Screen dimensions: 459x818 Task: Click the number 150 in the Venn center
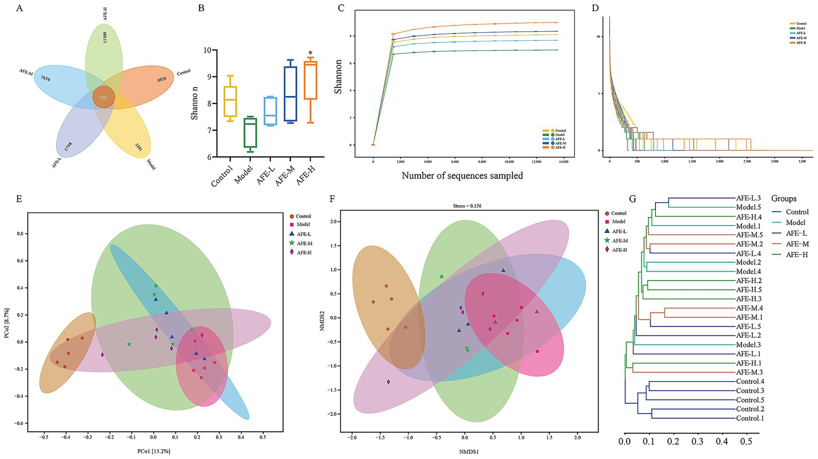pyautogui.click(x=103, y=98)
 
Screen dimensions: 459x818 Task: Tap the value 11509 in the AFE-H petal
pyautogui.click(x=105, y=37)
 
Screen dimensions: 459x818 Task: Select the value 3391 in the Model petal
pyautogui.click(x=138, y=147)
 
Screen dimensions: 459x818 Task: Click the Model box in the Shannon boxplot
pyautogui.click(x=250, y=132)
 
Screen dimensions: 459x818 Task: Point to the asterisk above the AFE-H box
pyautogui.click(x=310, y=53)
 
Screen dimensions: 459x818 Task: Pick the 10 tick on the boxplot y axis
pyautogui.click(x=208, y=50)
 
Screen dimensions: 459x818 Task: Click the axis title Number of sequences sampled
pyautogui.click(x=462, y=175)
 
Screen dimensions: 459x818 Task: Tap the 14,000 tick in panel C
pyautogui.click(x=563, y=162)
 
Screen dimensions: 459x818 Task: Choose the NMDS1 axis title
pyautogui.click(x=464, y=452)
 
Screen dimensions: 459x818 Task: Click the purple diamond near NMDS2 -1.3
pyautogui.click(x=388, y=382)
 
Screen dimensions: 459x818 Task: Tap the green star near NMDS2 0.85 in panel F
pyautogui.click(x=442, y=277)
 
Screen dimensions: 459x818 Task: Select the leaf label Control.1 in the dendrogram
pyautogui.click(x=750, y=418)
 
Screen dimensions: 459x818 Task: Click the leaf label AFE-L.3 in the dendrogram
pyautogui.click(x=748, y=198)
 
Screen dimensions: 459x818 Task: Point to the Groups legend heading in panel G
pyautogui.click(x=784, y=199)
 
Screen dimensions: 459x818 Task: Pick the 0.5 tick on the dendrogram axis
pyautogui.click(x=746, y=441)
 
